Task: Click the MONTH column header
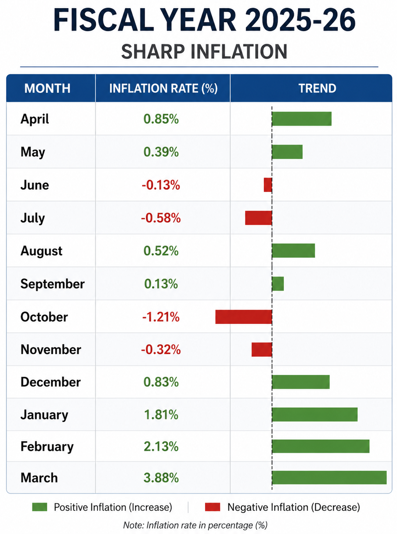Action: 47,88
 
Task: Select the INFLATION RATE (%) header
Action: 163,88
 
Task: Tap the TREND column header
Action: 317,88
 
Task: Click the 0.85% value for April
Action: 161,119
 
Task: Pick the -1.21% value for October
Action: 161,317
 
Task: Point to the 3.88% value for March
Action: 161,477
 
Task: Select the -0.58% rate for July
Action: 161,218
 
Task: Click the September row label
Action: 53,284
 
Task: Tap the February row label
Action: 47,447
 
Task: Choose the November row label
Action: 51,349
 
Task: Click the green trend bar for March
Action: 329,477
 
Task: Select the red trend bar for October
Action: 243,317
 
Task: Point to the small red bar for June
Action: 268,185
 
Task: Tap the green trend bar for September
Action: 278,284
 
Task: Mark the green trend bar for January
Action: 315,415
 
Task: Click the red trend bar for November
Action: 261,350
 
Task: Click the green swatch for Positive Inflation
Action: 40,507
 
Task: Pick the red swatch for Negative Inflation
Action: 213,507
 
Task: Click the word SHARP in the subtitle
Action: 153,51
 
